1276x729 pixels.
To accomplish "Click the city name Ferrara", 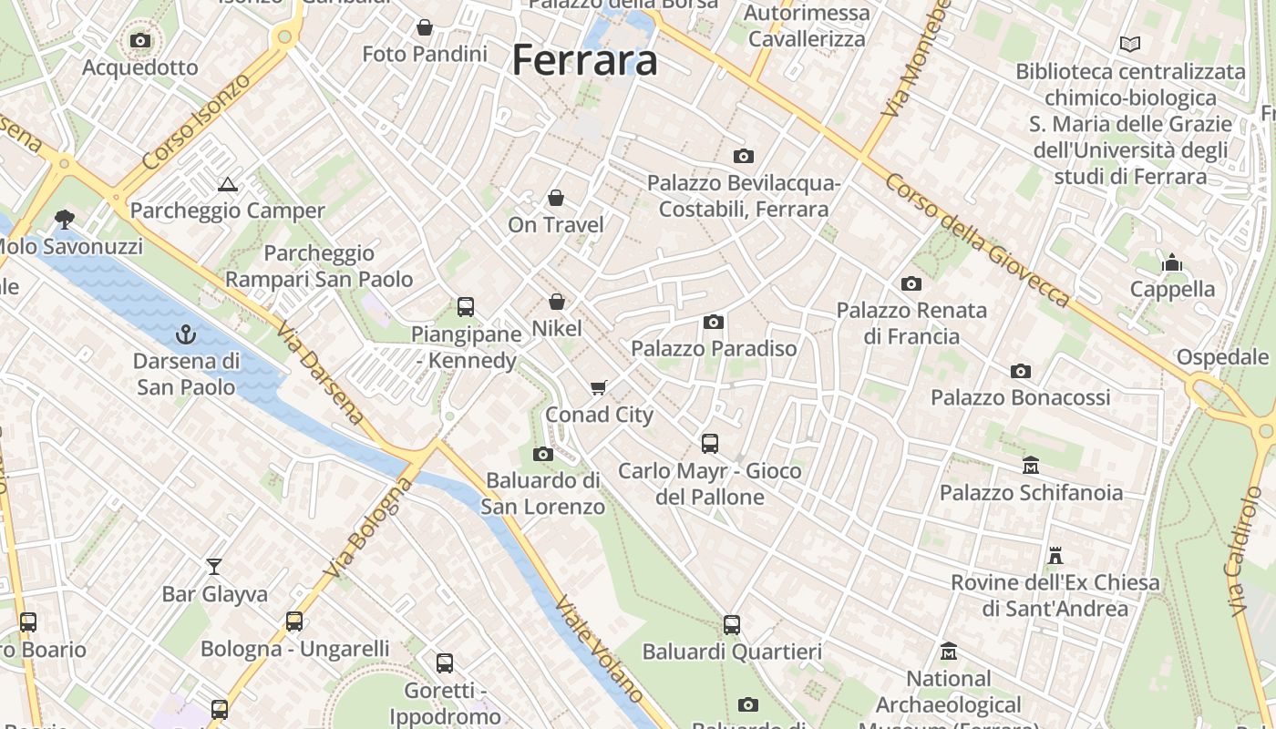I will tap(584, 60).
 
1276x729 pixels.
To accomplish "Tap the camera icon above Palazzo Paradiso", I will tap(714, 322).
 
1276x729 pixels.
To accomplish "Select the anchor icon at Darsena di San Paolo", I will tap(186, 334).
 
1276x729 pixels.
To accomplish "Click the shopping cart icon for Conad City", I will tap(599, 388).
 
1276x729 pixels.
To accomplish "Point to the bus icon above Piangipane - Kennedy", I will tap(466, 307).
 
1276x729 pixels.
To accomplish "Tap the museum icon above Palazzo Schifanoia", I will tap(1031, 466).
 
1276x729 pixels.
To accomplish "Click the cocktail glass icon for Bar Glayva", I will tap(214, 567).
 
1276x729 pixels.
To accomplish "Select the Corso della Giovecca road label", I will tap(976, 240).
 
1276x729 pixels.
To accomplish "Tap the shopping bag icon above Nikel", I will tap(557, 302).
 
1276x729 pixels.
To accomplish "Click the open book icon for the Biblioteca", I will tap(1130, 44).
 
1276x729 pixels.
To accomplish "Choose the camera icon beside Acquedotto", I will tap(140, 40).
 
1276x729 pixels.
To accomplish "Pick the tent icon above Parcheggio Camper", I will tap(227, 184).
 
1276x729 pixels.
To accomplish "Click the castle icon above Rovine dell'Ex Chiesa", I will tap(1055, 555).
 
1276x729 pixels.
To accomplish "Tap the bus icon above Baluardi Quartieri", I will tap(732, 625).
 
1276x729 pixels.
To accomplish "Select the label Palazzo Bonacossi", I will tap(1020, 397).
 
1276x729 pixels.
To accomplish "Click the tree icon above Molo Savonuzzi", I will tap(65, 220).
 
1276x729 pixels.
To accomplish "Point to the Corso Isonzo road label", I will tap(196, 121).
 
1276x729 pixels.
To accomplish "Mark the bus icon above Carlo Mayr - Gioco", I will tap(710, 444).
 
